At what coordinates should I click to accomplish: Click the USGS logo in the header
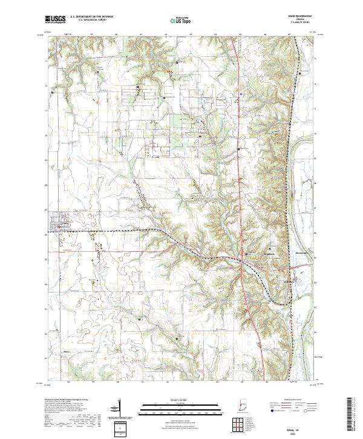coord(55,20)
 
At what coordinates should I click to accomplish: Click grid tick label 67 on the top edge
coord(290,35)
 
